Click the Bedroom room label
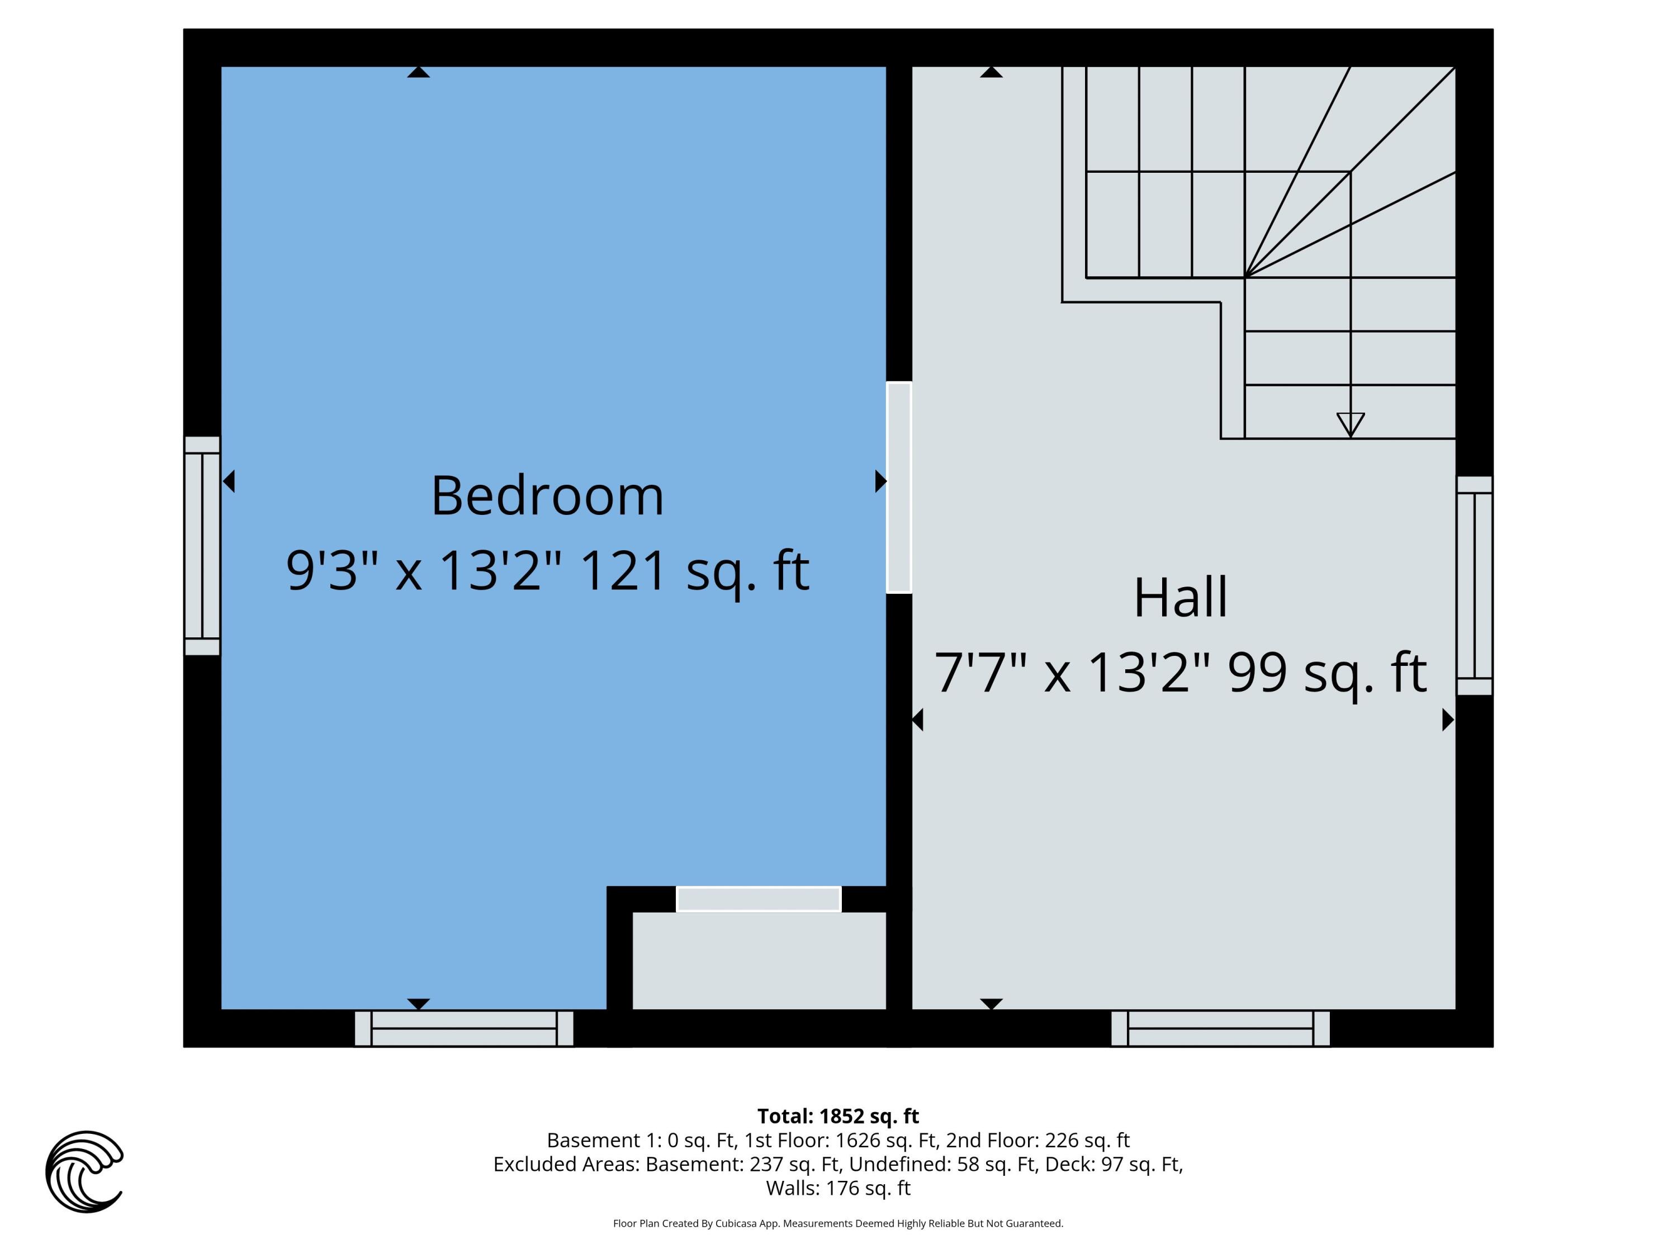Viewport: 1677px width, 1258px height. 547,496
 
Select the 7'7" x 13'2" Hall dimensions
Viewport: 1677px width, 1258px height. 1071,673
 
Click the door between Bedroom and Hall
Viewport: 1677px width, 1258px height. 898,487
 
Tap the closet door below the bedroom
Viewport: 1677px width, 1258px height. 758,899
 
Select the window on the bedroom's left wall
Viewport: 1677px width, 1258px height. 202,545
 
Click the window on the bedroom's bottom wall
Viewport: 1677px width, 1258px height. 464,1028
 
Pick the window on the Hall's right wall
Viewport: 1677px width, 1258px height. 1474,585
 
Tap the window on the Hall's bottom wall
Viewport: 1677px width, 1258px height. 1220,1028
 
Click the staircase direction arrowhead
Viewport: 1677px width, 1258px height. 1350,424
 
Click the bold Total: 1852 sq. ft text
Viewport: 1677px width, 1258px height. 838,1116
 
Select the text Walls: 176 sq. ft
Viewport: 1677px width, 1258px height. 838,1188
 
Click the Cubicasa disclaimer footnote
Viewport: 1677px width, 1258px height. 838,1223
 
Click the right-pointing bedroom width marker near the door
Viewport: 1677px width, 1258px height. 880,481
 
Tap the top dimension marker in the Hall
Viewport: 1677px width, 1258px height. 991,72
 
